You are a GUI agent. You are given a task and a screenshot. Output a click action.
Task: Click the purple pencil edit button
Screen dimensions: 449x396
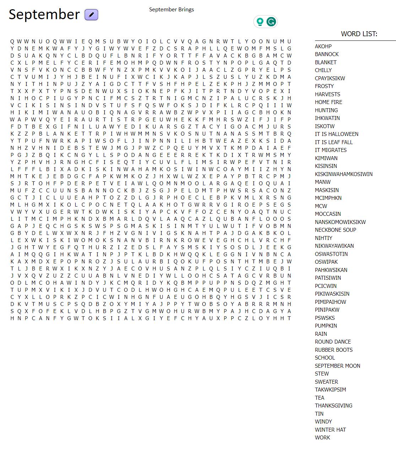[x=91, y=15]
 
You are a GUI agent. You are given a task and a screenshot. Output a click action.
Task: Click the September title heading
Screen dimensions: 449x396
[x=44, y=15]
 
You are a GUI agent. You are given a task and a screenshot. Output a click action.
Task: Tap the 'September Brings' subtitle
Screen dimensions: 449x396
[x=171, y=10]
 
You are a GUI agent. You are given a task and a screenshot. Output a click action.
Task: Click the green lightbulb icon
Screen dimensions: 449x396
[x=260, y=22]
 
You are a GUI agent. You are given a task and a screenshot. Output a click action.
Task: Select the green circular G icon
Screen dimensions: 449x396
[x=271, y=22]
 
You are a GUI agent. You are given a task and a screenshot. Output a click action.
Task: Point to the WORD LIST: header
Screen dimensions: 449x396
[x=359, y=34]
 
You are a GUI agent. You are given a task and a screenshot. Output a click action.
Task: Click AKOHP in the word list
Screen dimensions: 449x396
[x=323, y=46]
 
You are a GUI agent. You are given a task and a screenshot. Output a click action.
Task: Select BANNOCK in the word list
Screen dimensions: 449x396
[x=327, y=54]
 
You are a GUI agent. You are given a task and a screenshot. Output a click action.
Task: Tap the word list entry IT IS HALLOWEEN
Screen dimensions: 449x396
[x=336, y=134]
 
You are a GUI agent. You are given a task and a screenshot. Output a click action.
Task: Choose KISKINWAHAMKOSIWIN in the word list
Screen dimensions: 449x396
[x=343, y=174]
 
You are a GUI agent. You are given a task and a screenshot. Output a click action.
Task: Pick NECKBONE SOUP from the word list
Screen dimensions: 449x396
[x=335, y=230]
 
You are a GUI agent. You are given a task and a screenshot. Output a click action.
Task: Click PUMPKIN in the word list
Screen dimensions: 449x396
[x=326, y=326]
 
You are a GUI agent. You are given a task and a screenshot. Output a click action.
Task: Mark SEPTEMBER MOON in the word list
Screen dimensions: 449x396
[x=337, y=366]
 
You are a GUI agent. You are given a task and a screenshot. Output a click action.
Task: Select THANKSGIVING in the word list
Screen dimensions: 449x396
[x=333, y=406]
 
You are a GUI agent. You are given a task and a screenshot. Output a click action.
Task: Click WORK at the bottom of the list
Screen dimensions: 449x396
[x=322, y=438]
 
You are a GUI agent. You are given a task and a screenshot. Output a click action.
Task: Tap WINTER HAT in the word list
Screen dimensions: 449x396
[x=330, y=430]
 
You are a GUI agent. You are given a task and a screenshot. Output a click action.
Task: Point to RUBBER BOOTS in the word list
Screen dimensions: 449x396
[x=333, y=350]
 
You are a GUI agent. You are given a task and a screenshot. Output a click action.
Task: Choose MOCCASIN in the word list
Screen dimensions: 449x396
[x=328, y=214]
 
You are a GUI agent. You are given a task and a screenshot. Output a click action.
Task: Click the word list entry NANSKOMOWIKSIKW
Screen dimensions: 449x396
[x=340, y=222]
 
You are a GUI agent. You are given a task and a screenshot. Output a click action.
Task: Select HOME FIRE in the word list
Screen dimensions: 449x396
[x=329, y=102]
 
